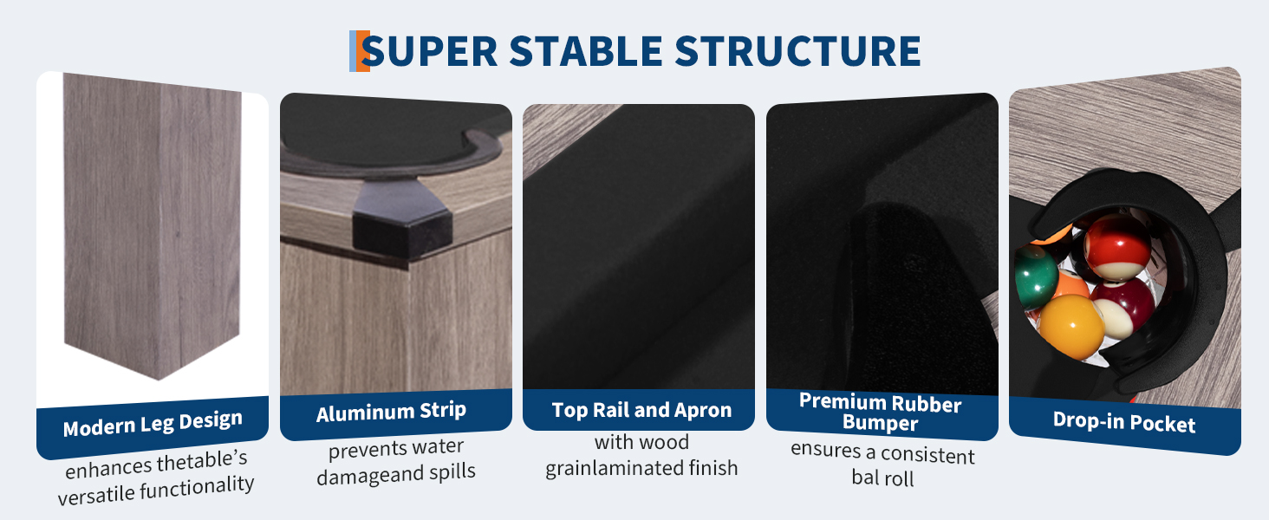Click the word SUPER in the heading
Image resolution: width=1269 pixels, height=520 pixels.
(x=429, y=51)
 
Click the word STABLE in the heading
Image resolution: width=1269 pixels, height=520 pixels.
(x=586, y=51)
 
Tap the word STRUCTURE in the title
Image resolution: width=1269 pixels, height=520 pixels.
(x=797, y=51)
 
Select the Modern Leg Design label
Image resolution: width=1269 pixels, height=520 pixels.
(x=153, y=423)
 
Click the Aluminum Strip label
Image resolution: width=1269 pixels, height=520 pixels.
(x=392, y=412)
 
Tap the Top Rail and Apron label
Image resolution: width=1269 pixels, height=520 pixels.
(x=641, y=410)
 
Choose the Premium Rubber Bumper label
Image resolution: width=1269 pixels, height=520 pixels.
(x=881, y=413)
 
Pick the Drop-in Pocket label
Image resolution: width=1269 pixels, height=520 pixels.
(x=1124, y=422)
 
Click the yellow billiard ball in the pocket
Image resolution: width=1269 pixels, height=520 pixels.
(x=1072, y=326)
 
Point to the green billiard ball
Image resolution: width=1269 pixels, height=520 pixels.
(x=1035, y=276)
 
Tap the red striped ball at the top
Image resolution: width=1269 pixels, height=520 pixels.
(x=1117, y=246)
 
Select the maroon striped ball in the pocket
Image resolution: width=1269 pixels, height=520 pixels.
(x=1123, y=309)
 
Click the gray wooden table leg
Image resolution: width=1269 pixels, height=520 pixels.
(x=153, y=226)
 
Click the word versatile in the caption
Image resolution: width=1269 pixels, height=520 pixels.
(x=95, y=496)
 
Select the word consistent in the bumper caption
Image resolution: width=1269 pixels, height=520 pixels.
(x=927, y=454)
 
